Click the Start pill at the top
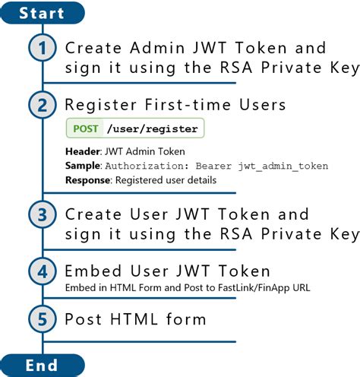41,12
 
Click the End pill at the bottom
41,366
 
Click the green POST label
85,128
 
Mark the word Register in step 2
98,104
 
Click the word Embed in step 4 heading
90,271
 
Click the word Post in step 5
81,318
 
